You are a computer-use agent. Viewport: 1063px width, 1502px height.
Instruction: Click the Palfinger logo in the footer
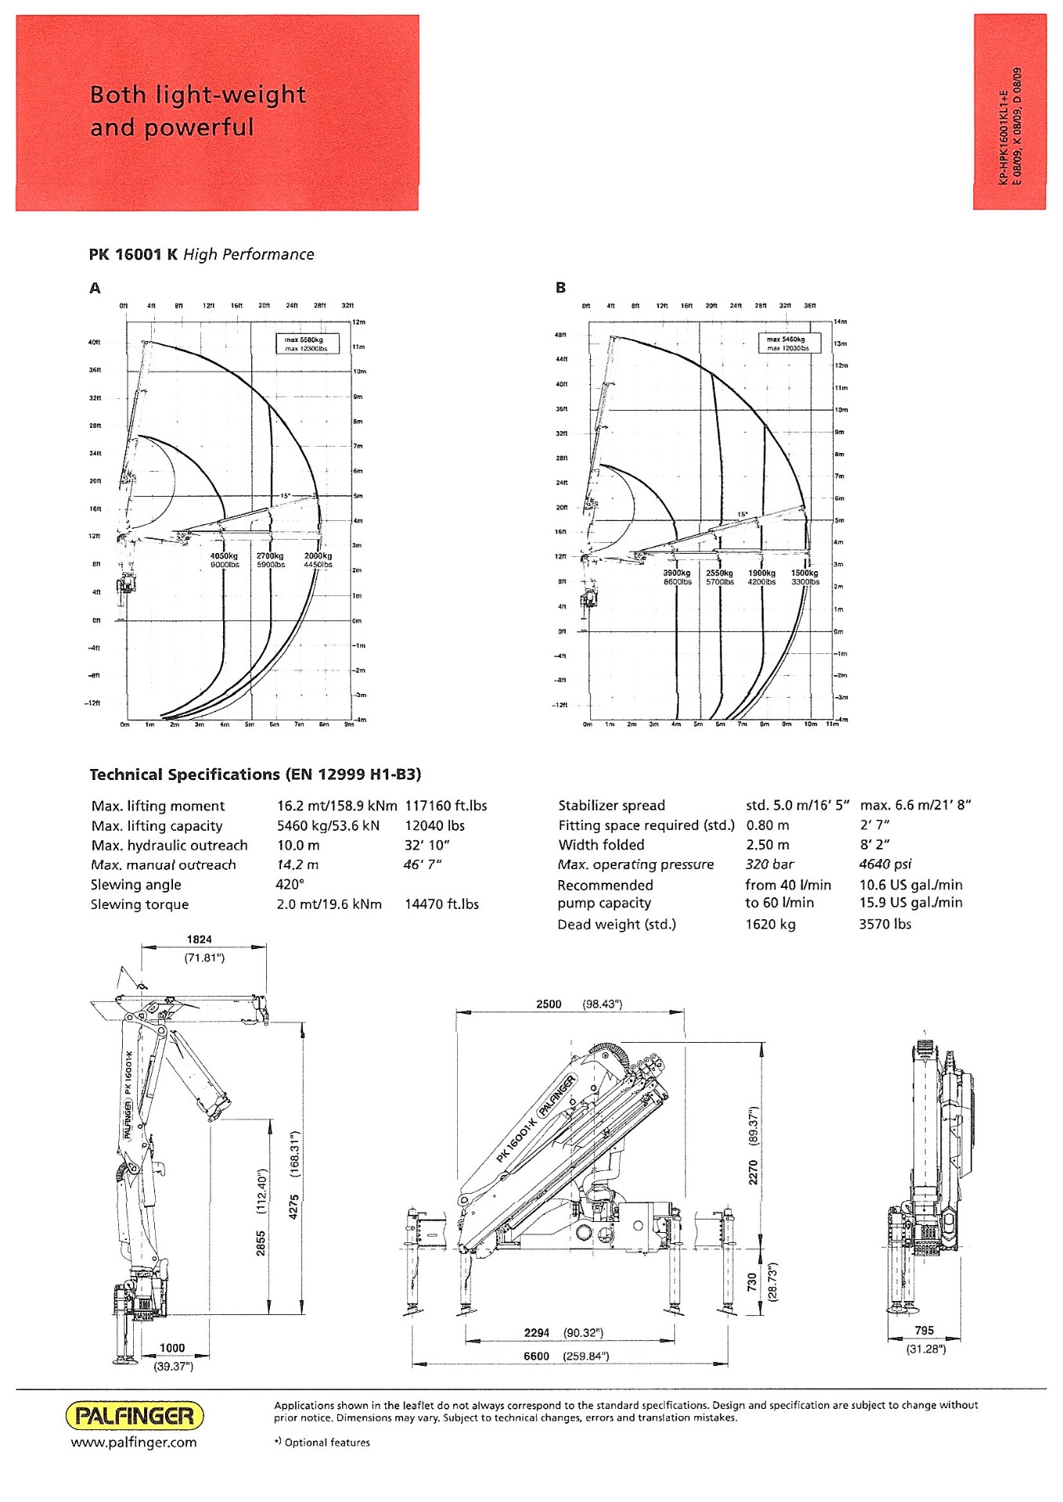[x=134, y=1415]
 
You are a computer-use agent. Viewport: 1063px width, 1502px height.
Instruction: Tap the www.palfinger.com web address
[x=134, y=1443]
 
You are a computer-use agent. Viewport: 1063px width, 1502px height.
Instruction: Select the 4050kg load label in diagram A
[x=224, y=556]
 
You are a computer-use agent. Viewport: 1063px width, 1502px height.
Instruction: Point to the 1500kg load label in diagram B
[x=805, y=573]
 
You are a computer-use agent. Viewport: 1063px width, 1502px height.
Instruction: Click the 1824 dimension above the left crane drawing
[x=199, y=940]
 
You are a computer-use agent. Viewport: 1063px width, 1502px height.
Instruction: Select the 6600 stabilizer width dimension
[x=537, y=1356]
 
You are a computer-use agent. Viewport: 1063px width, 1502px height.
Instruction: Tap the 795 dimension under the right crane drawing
[x=924, y=1330]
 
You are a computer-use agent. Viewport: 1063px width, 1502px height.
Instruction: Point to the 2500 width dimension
[x=549, y=1004]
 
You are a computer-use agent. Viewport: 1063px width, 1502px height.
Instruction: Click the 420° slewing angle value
[x=290, y=885]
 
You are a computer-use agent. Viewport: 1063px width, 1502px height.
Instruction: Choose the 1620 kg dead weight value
[x=770, y=925]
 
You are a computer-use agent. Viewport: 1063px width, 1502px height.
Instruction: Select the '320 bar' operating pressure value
[x=769, y=864]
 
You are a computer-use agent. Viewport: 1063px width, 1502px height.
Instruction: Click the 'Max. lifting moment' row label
[x=157, y=806]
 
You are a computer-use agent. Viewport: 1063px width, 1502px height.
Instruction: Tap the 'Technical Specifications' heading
[x=255, y=774]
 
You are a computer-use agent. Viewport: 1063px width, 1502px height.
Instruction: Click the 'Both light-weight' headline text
[x=197, y=95]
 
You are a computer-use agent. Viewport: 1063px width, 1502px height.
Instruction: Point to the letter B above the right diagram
[x=560, y=288]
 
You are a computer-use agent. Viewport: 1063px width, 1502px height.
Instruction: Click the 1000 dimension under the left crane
[x=172, y=1348]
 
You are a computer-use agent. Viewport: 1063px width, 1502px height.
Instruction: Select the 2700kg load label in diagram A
[x=270, y=556]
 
